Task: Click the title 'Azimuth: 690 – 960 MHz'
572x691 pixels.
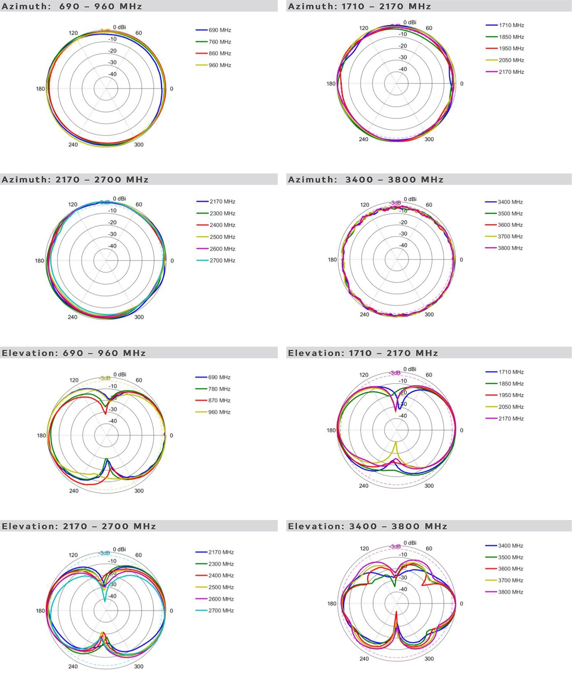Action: point(72,6)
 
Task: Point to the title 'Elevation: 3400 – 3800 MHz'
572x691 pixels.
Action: point(368,526)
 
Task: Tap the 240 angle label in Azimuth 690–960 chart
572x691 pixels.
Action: point(73,145)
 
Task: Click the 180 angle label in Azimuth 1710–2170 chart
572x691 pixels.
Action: point(331,84)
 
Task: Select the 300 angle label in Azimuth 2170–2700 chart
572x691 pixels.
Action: point(139,317)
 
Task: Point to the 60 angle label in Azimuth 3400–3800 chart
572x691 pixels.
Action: point(429,205)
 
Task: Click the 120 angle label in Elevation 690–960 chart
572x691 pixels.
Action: point(74,380)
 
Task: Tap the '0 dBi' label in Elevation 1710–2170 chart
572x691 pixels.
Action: point(410,369)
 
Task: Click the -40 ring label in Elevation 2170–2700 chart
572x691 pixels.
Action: point(112,596)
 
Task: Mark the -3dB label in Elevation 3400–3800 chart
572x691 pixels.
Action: point(395,546)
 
